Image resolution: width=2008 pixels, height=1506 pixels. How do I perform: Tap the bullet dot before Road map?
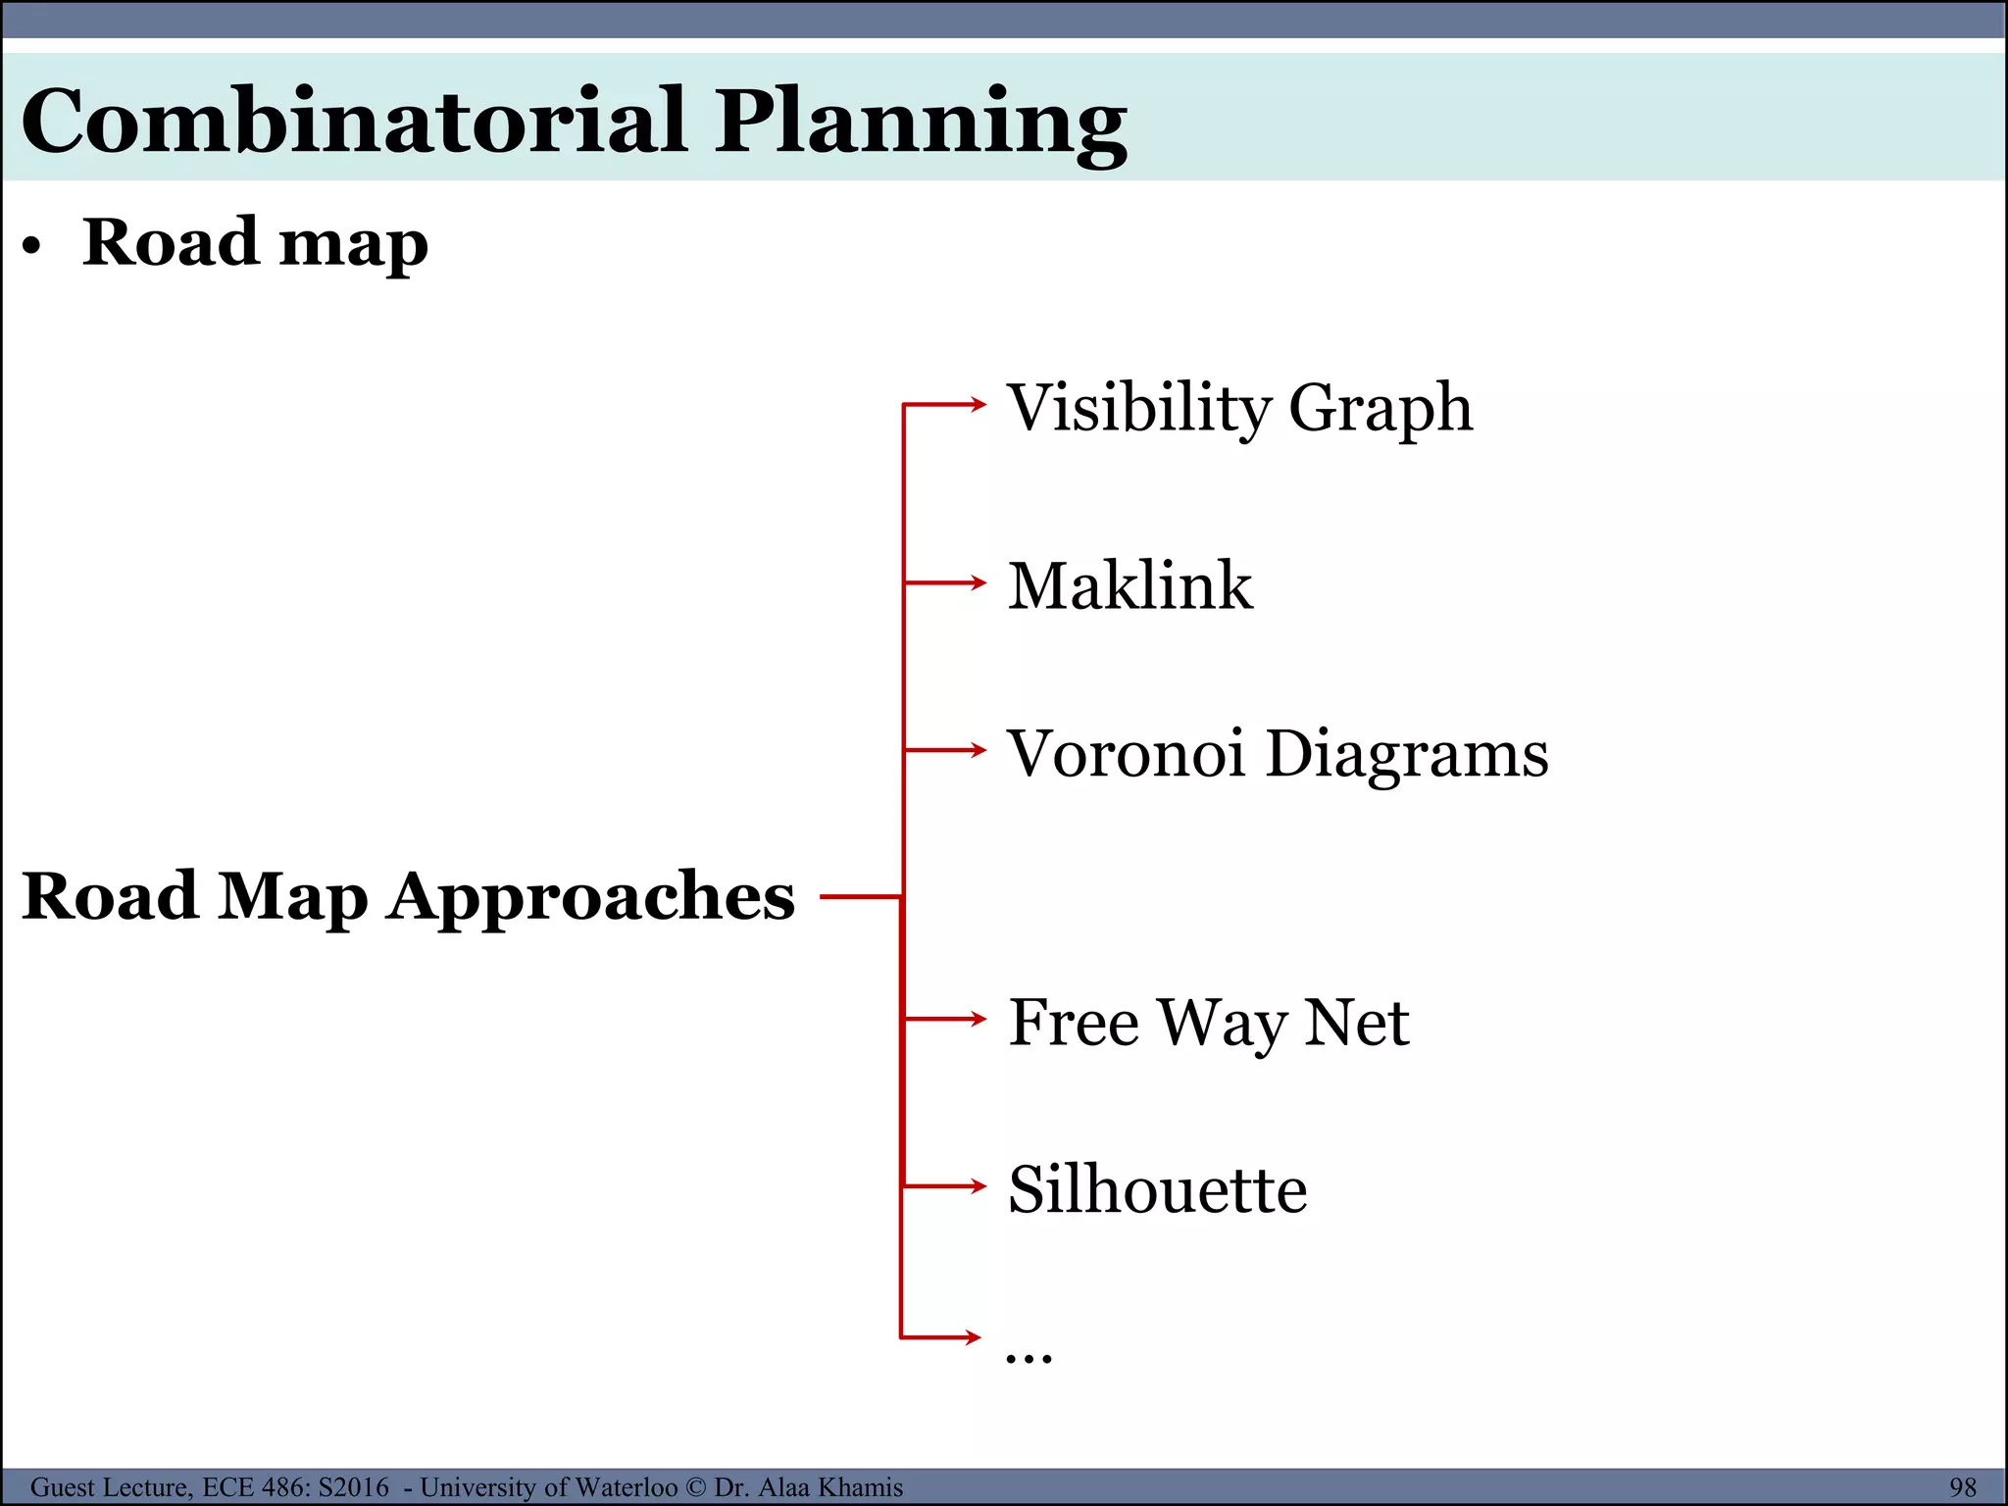tap(33, 247)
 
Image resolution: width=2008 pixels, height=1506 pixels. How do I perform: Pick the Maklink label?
tap(1129, 585)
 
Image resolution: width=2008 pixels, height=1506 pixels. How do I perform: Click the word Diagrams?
tap(1407, 755)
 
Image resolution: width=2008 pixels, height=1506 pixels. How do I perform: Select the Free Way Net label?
tap(1208, 1023)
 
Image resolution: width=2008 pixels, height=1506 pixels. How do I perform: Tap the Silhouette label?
tap(1157, 1189)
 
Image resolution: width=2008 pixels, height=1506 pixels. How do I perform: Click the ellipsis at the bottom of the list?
tap(1029, 1356)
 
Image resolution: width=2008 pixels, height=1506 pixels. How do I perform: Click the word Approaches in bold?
tap(590, 896)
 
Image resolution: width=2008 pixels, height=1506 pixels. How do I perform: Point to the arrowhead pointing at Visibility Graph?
tap(977, 403)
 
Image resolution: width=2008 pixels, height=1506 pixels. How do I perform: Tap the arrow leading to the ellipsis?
tap(941, 1336)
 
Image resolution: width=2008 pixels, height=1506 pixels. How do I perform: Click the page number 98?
tap(1963, 1487)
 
